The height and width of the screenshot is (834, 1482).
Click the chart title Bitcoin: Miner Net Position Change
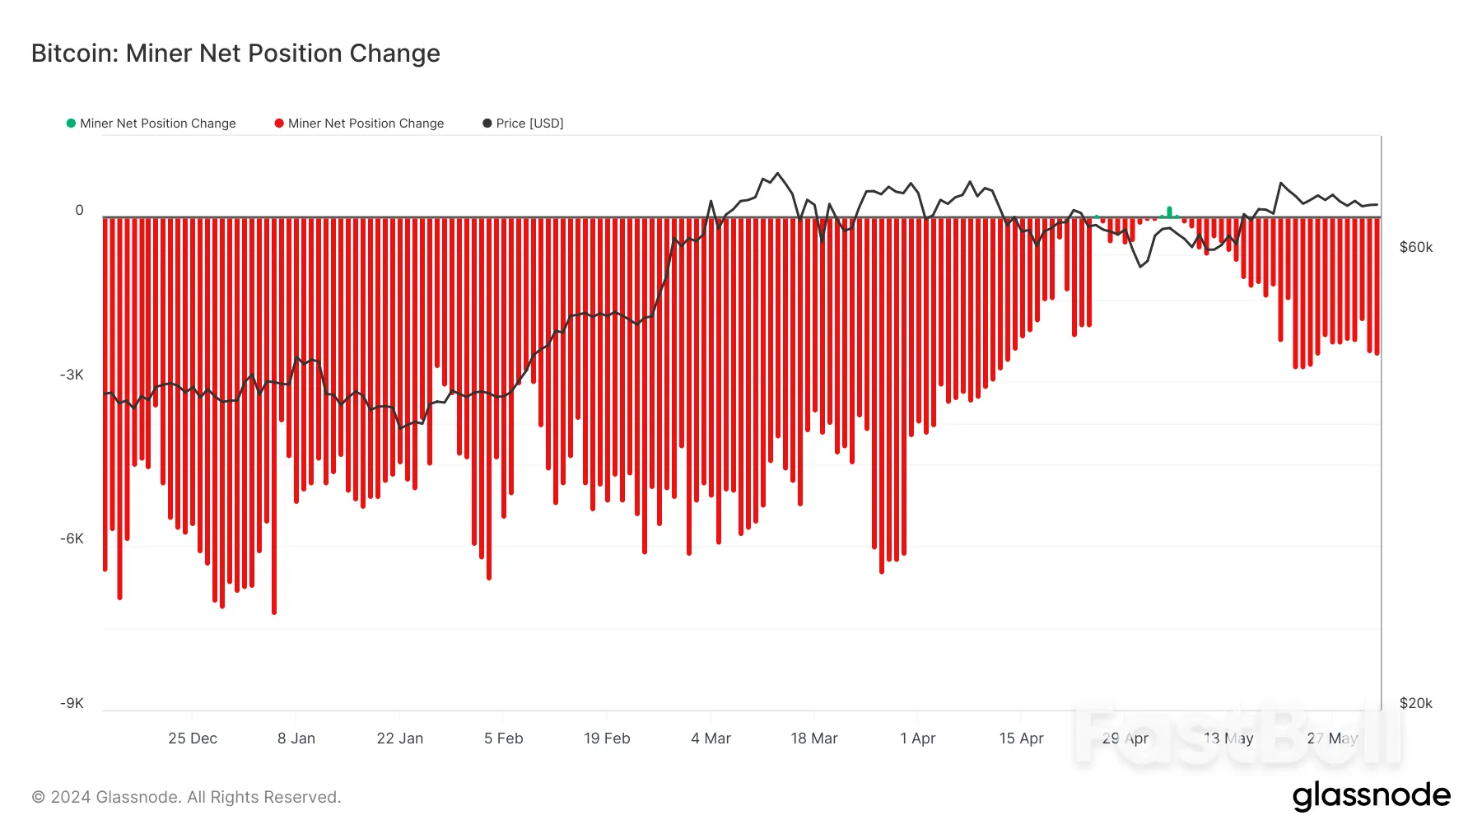235,54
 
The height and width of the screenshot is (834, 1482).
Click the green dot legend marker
71,123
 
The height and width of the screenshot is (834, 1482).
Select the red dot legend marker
279,123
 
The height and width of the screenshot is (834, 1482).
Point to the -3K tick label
72,375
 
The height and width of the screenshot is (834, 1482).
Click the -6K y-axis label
72,538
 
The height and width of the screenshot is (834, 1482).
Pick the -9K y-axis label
72,703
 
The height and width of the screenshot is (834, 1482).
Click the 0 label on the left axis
79,210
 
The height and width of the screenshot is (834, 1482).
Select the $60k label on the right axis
1415,247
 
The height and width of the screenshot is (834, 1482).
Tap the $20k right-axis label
1415,703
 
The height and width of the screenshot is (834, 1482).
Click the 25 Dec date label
193,738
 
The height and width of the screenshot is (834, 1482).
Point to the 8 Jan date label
296,738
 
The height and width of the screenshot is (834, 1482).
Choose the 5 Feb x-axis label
503,738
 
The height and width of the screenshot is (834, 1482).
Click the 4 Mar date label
711,738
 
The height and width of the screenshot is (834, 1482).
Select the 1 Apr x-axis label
917,738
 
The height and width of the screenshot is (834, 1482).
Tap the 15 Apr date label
1021,738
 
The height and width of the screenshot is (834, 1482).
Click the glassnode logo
1371,795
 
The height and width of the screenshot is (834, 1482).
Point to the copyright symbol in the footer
38,797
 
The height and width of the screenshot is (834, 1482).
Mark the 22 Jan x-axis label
399,738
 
